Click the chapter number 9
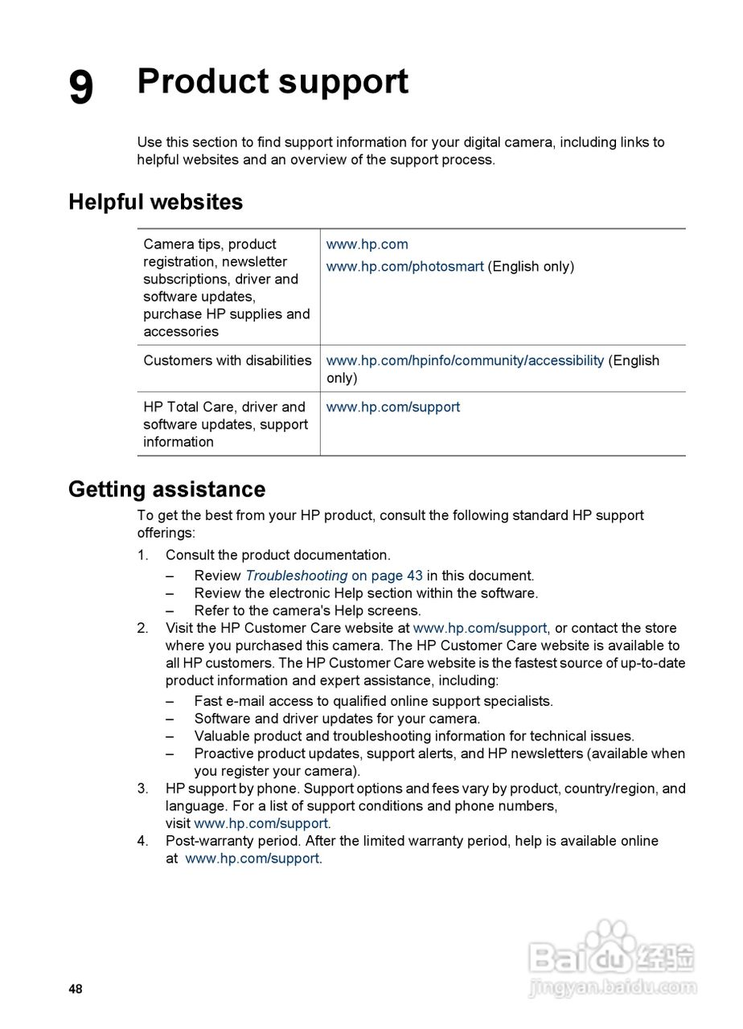(80, 87)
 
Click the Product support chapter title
(273, 82)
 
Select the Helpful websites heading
(155, 202)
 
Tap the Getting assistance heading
(166, 489)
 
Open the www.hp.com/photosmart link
(404, 266)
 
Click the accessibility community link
(465, 360)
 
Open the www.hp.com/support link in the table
(392, 407)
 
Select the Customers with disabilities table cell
(227, 360)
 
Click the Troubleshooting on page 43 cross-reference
(334, 576)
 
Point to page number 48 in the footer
(76, 989)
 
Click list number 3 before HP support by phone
(142, 789)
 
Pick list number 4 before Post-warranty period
(142, 841)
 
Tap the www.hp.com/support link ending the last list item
(252, 859)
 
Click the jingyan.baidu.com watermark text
(613, 986)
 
